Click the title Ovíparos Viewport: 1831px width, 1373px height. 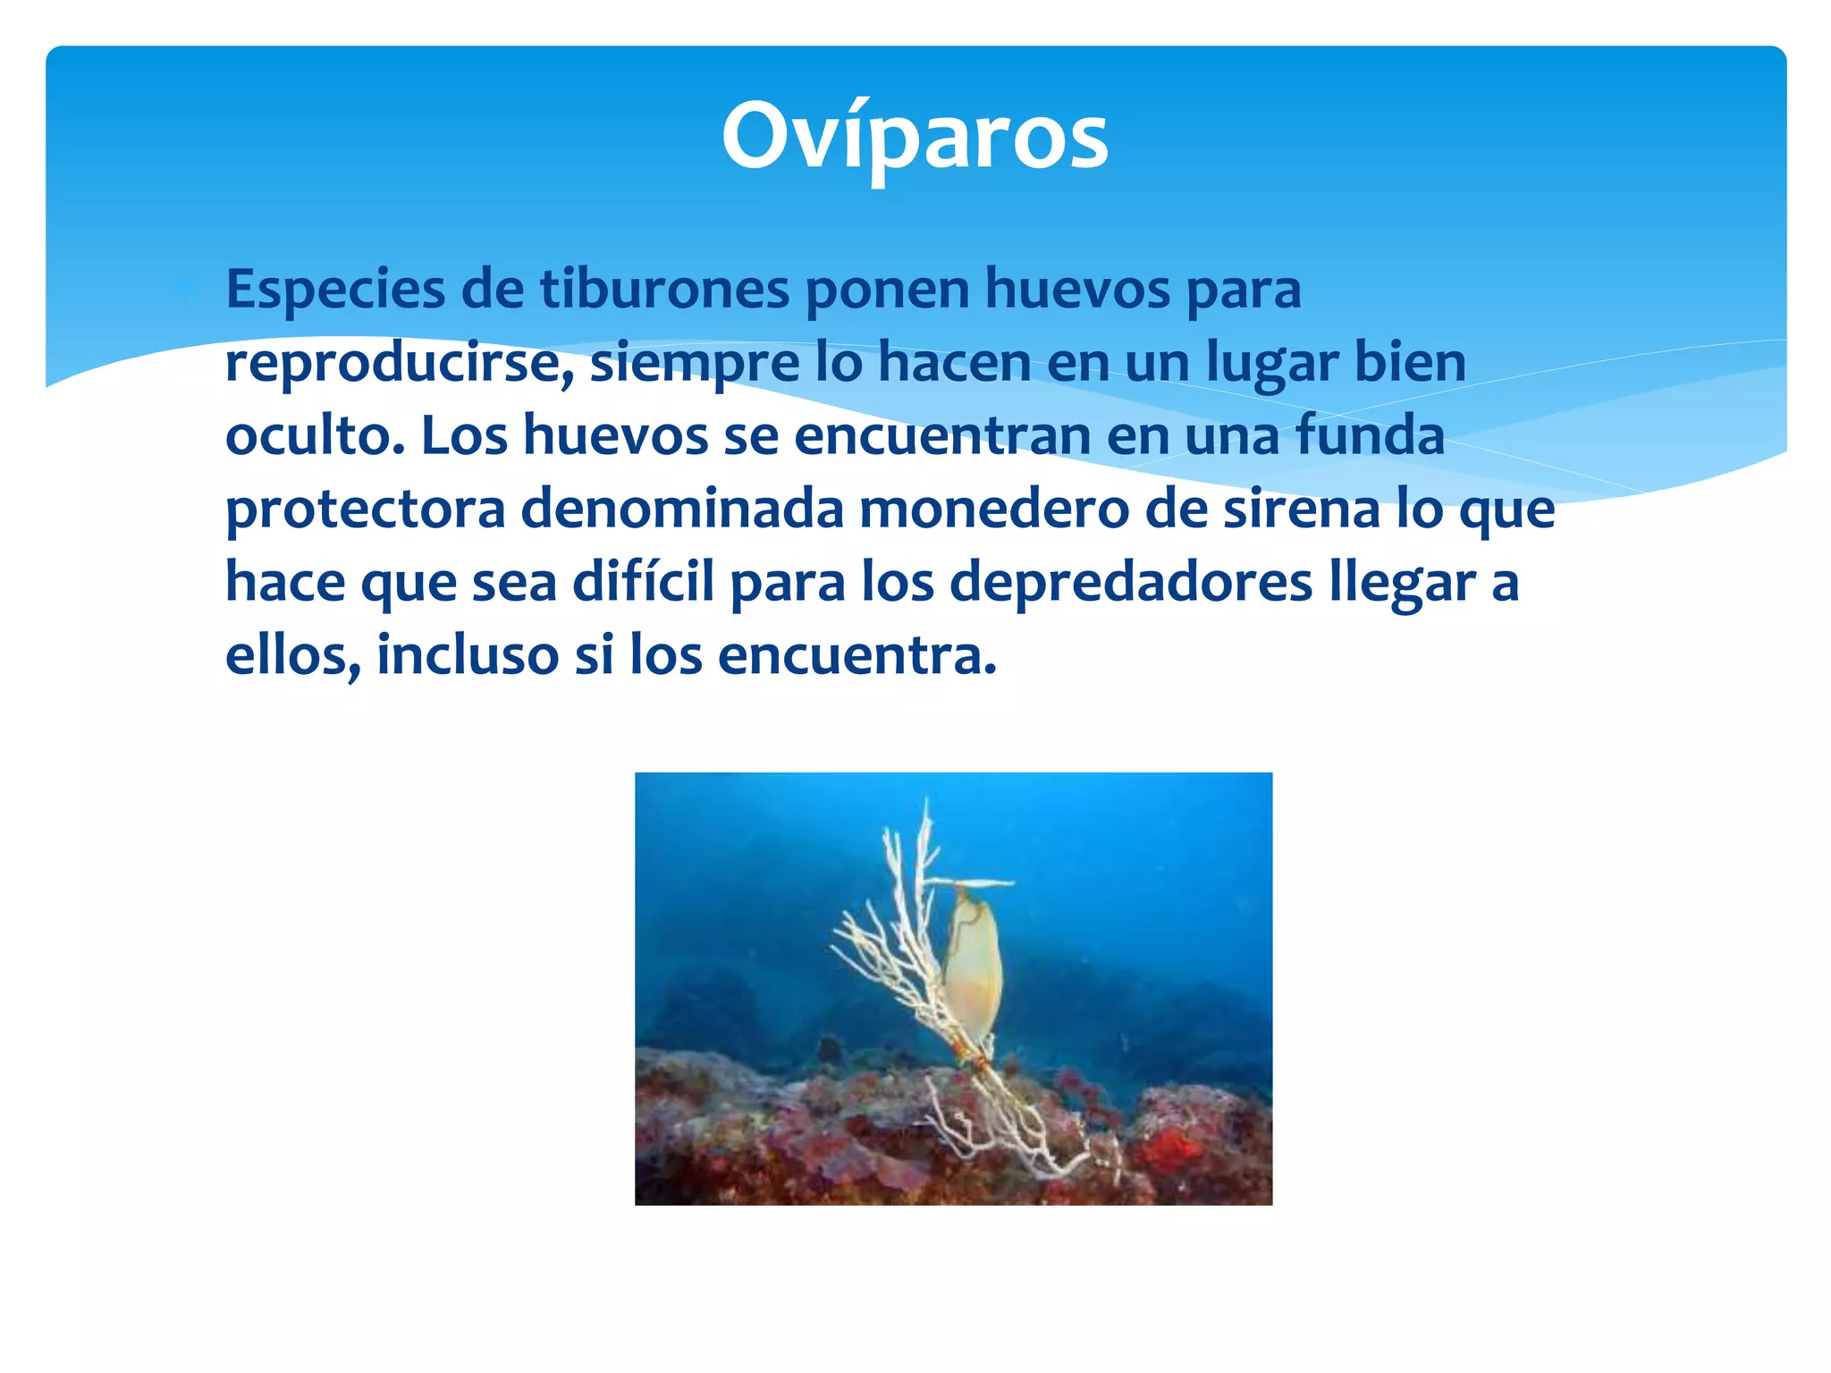point(915,136)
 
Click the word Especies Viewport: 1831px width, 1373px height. point(335,291)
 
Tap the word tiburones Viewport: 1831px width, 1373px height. point(665,289)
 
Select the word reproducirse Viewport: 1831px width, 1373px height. point(399,364)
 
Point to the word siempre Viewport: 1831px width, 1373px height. point(695,364)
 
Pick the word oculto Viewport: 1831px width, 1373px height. point(315,435)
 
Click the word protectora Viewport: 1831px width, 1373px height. point(366,510)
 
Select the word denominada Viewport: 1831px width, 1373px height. point(682,509)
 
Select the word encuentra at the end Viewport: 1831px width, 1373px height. point(856,655)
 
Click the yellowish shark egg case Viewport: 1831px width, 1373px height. point(972,970)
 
